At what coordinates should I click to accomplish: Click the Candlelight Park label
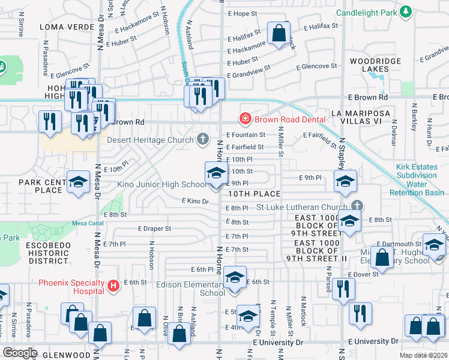coord(367,12)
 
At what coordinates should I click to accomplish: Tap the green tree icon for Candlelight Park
coord(406,11)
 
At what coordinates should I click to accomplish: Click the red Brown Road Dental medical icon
coord(245,119)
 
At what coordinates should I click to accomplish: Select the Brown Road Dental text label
coord(289,119)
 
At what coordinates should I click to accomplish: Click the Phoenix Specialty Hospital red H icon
coord(113,287)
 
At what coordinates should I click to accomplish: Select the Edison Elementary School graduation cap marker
coord(235,278)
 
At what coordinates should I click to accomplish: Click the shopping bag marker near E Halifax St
coord(279,34)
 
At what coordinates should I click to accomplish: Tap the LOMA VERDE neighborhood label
coord(60,27)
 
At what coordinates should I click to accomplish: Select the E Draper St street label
coord(154,229)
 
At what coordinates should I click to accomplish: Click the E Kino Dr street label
coord(195,202)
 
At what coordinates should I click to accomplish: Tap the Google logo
coord(20,352)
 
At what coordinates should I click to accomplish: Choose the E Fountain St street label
coord(246,135)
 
